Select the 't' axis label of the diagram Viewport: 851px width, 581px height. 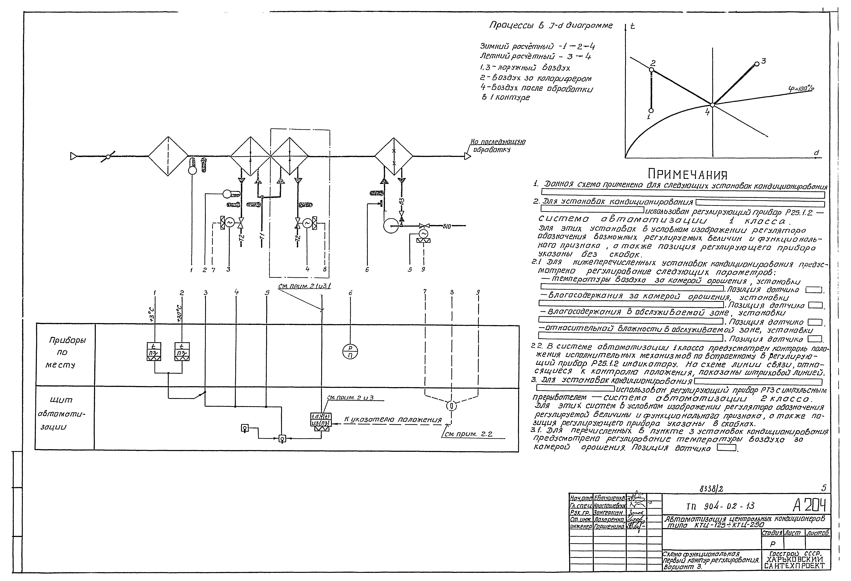[632, 26]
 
